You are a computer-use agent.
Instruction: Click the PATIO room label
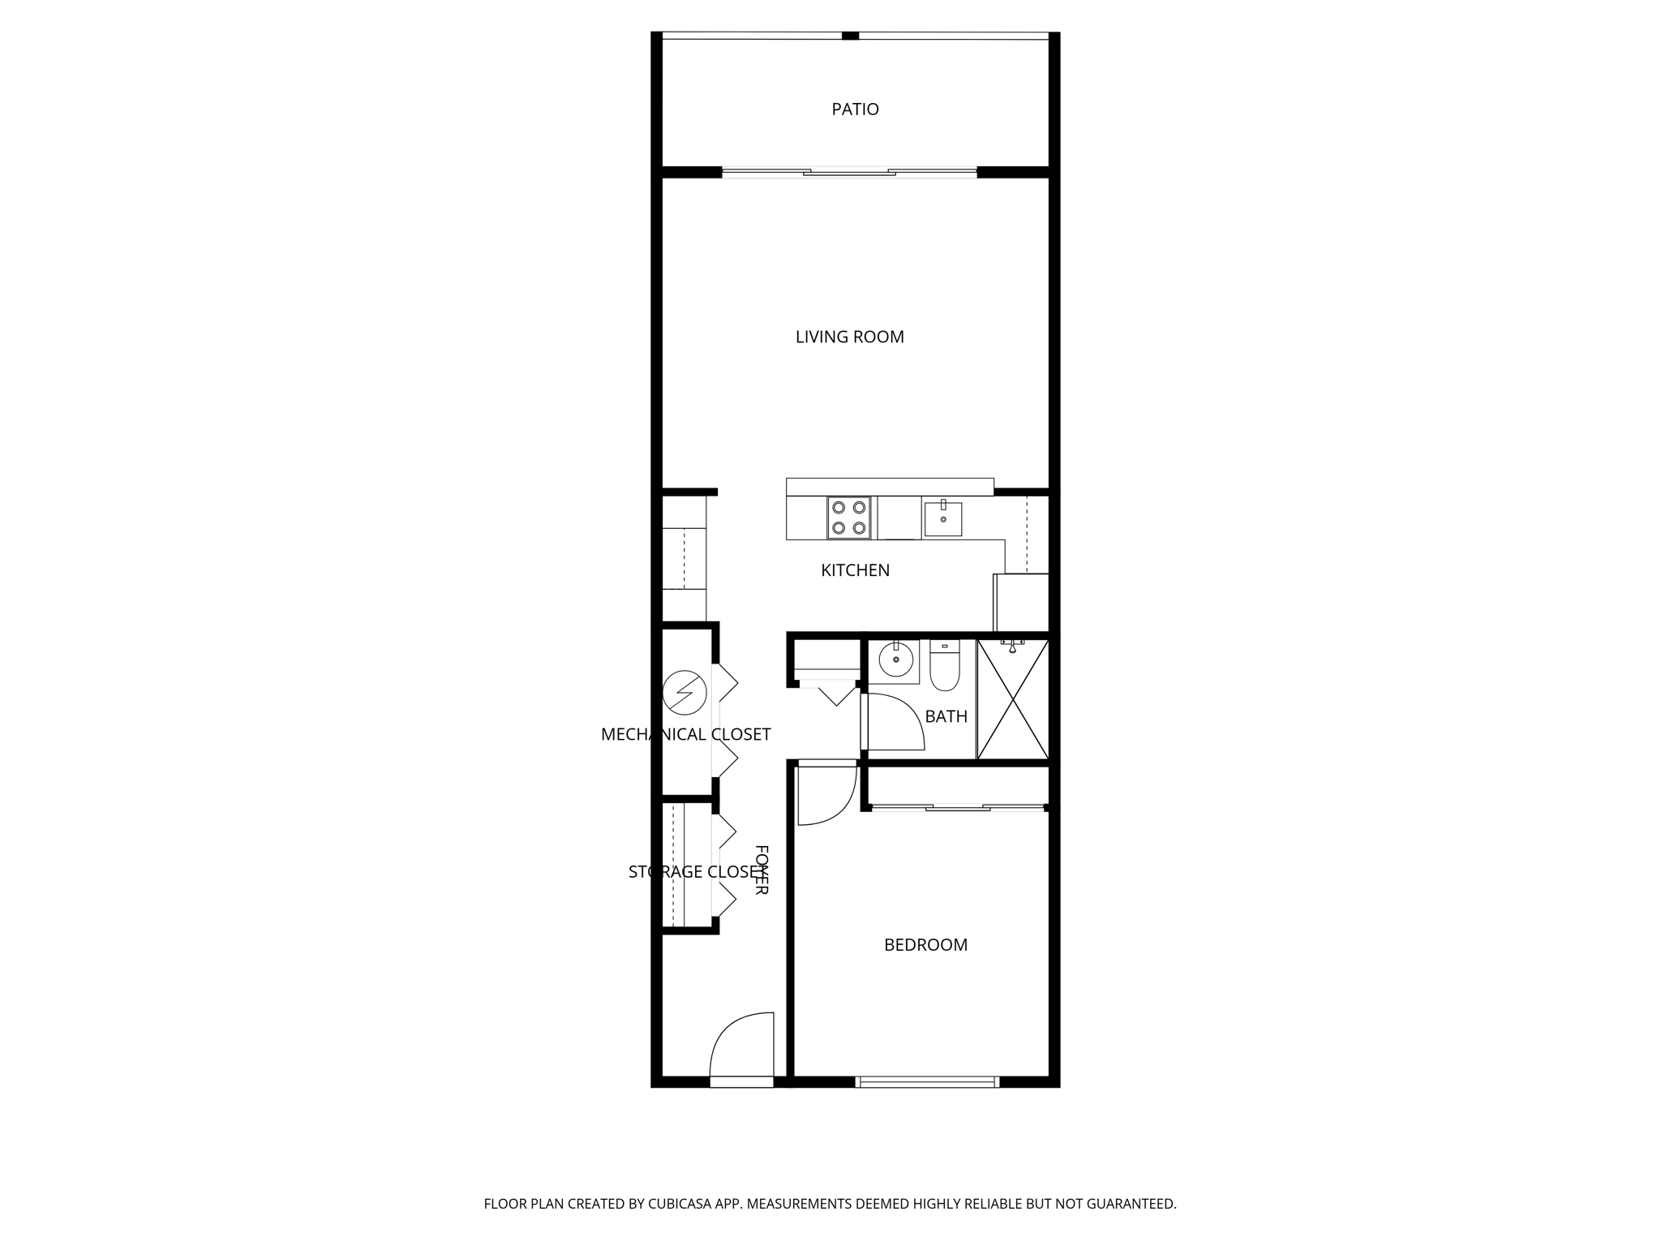pos(855,109)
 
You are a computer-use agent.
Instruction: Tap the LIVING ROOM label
pos(849,337)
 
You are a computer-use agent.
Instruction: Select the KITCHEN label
pos(855,570)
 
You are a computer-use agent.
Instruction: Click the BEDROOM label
pos(925,944)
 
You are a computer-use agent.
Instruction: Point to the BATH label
pos(946,716)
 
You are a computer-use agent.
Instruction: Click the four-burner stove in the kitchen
pos(848,518)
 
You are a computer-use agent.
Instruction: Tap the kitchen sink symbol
pos(943,518)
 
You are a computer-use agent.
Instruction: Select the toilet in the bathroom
pos(944,667)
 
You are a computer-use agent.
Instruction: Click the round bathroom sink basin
pos(895,660)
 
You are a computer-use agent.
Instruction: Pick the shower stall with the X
pos(1012,699)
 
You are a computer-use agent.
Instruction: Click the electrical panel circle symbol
pos(685,692)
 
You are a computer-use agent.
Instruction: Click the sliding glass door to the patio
pos(849,172)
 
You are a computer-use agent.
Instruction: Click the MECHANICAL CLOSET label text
pos(685,734)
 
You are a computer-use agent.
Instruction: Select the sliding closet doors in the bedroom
pos(957,807)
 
